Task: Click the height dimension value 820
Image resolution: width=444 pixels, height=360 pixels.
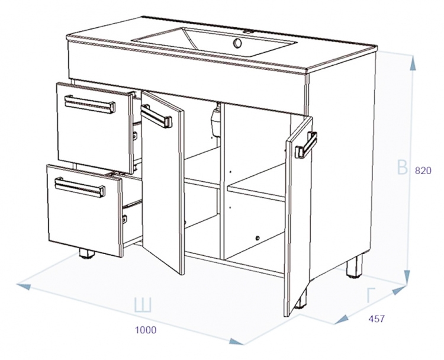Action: pyautogui.click(x=423, y=171)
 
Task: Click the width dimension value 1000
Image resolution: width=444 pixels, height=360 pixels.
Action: pyautogui.click(x=146, y=330)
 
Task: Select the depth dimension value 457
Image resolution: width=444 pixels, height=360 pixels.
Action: pyautogui.click(x=377, y=319)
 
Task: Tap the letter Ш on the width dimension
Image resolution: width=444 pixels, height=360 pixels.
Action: pyautogui.click(x=143, y=304)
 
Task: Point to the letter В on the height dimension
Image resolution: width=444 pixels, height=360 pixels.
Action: pyautogui.click(x=402, y=167)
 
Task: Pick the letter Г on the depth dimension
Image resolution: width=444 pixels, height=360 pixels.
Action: pyautogui.click(x=371, y=295)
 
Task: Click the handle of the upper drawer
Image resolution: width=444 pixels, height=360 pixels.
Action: pyautogui.click(x=90, y=105)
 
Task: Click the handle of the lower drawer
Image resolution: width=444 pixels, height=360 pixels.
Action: pyautogui.click(x=80, y=187)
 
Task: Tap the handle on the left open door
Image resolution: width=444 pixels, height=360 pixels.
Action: pyautogui.click(x=156, y=117)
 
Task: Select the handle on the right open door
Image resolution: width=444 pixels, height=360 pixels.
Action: pyautogui.click(x=306, y=145)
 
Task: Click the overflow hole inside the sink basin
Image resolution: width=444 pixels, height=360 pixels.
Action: pyautogui.click(x=237, y=43)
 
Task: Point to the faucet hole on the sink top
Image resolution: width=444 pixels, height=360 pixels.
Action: pyautogui.click(x=248, y=32)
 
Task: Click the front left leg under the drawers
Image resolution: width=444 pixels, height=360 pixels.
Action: pyautogui.click(x=87, y=253)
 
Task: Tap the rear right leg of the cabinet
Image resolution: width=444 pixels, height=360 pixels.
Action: pyautogui.click(x=354, y=265)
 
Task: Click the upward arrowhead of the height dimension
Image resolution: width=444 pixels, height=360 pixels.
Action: pyautogui.click(x=413, y=63)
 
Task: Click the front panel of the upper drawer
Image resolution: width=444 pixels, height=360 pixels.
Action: pyautogui.click(x=95, y=128)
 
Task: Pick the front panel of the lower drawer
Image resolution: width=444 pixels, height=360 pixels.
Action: pyautogui.click(x=85, y=211)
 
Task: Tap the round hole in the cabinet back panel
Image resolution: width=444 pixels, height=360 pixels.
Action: pyautogui.click(x=258, y=238)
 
